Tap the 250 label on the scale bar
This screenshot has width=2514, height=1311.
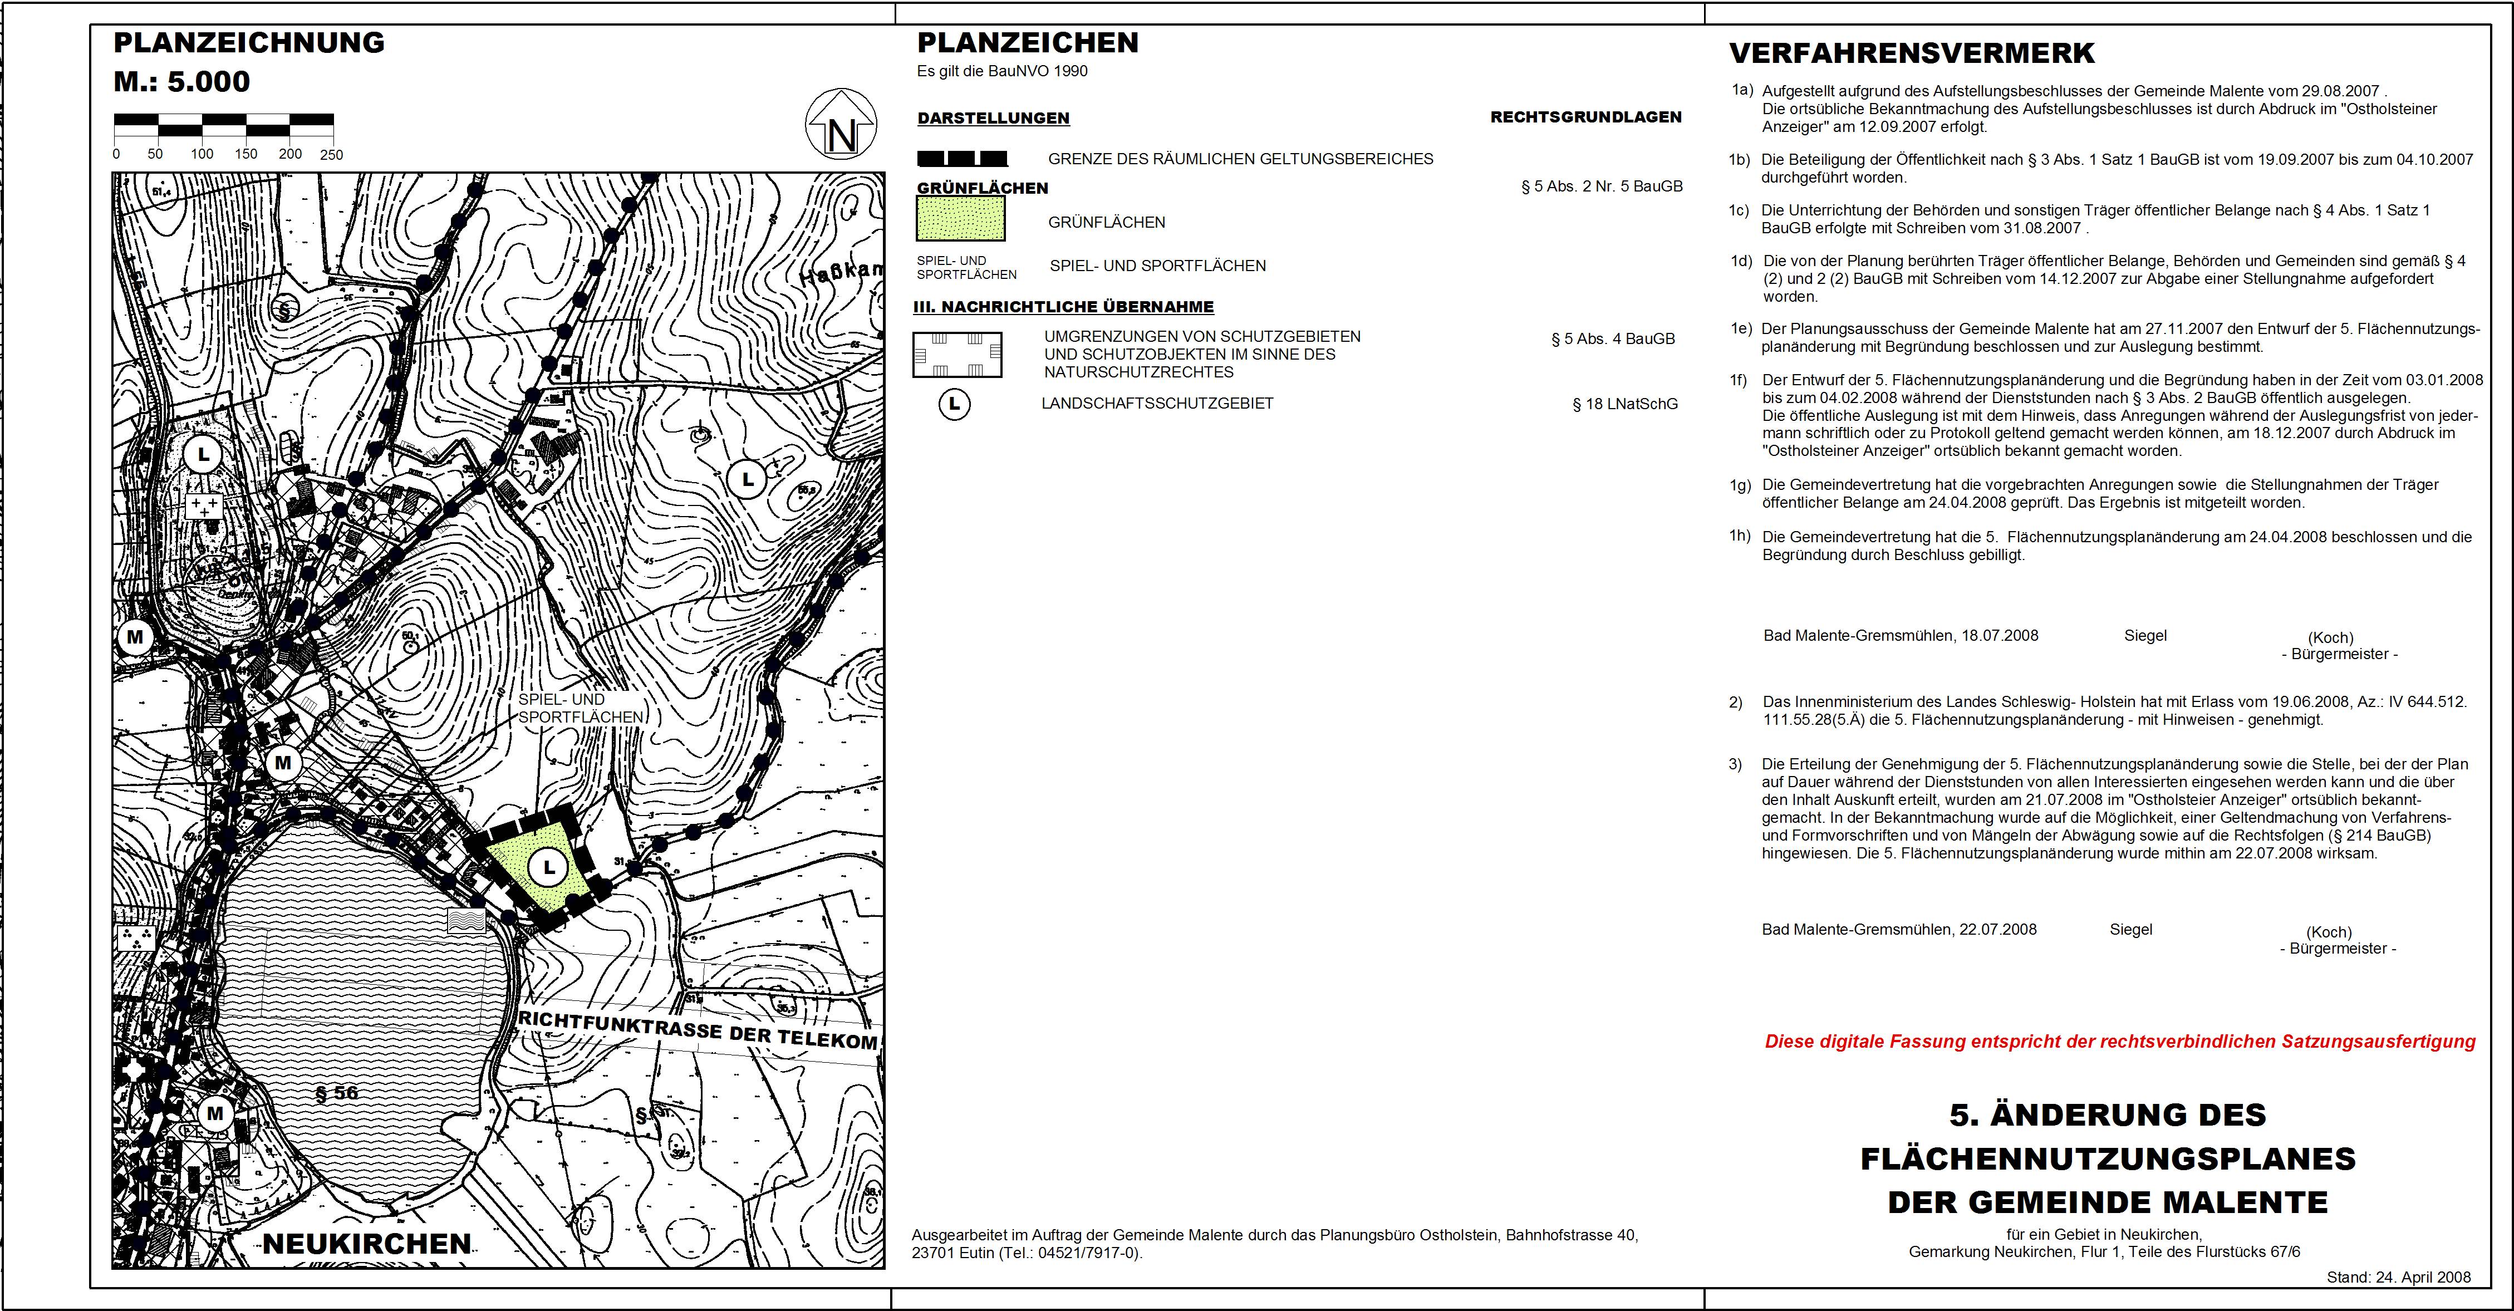click(x=332, y=154)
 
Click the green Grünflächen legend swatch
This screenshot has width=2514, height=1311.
click(x=960, y=219)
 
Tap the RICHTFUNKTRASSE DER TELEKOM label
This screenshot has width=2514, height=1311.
click(x=697, y=1031)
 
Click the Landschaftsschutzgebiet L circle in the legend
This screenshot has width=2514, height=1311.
click(x=955, y=404)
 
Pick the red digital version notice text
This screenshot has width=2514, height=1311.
click(x=2120, y=1042)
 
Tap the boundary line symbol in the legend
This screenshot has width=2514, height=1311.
click(x=963, y=158)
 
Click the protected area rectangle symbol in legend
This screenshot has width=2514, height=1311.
click(x=958, y=355)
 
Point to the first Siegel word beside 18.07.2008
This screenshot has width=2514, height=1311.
click(x=2145, y=636)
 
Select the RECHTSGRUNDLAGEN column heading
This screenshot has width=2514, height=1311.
click(x=1586, y=117)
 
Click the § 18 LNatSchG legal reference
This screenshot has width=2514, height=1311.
click(x=1625, y=404)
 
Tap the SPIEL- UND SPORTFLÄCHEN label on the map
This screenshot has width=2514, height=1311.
click(x=581, y=709)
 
